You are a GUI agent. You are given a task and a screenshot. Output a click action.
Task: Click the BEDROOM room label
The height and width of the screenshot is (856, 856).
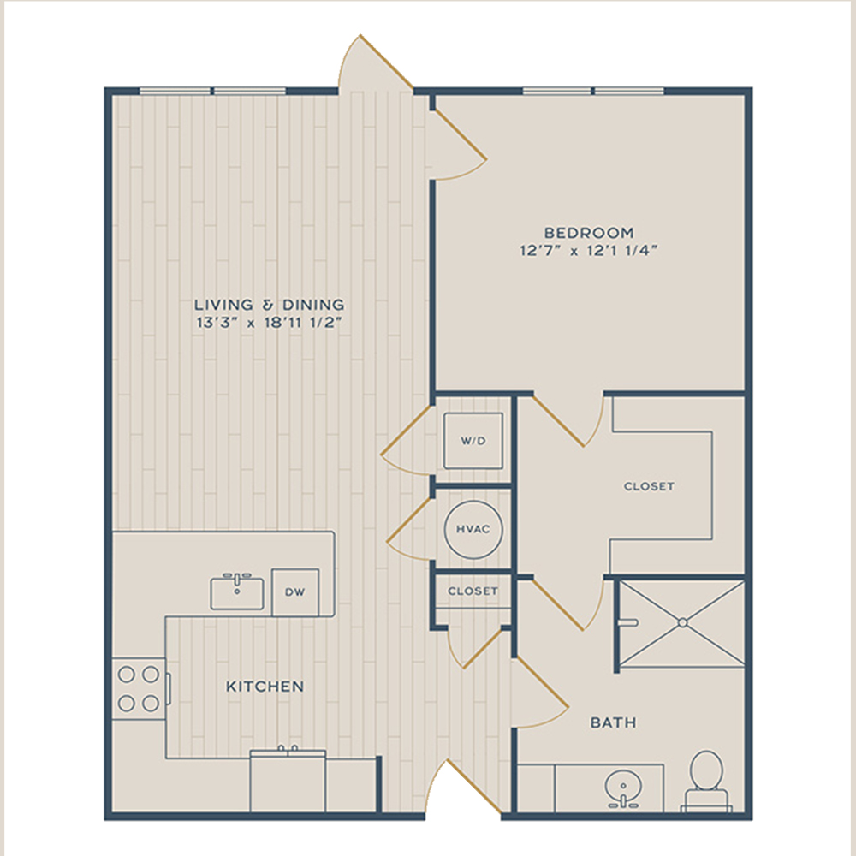coord(589,233)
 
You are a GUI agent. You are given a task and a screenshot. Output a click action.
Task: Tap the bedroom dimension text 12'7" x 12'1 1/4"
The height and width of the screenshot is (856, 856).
coord(589,251)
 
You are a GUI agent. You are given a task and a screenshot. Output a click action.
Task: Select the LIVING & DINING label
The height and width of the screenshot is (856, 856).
coord(270,304)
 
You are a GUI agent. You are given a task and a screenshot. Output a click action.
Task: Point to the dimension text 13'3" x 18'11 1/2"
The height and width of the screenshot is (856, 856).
coord(269,322)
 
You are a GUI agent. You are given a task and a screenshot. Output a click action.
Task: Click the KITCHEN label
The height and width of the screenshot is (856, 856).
coord(265,687)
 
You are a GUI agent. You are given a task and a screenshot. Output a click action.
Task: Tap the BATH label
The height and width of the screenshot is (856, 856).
coord(613,722)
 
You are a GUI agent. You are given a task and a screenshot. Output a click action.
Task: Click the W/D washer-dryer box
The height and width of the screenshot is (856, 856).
coord(473,441)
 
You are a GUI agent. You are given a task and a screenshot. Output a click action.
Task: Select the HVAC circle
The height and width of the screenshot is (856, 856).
coord(473,530)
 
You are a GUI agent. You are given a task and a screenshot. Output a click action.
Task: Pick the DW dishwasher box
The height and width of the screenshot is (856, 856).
coord(295,592)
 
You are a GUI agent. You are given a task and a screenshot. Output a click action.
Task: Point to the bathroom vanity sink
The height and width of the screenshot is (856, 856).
coord(622,788)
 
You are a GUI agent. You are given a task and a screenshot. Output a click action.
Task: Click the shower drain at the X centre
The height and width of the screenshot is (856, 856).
coord(682,622)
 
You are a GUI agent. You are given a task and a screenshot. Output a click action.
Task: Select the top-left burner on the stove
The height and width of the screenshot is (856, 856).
coord(126,675)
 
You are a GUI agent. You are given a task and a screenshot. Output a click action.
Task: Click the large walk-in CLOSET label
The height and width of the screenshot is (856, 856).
coord(649,486)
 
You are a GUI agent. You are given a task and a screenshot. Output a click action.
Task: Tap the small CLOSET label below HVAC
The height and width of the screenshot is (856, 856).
coord(473,591)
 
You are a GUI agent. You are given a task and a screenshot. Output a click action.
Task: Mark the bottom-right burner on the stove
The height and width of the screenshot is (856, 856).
coord(151,703)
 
